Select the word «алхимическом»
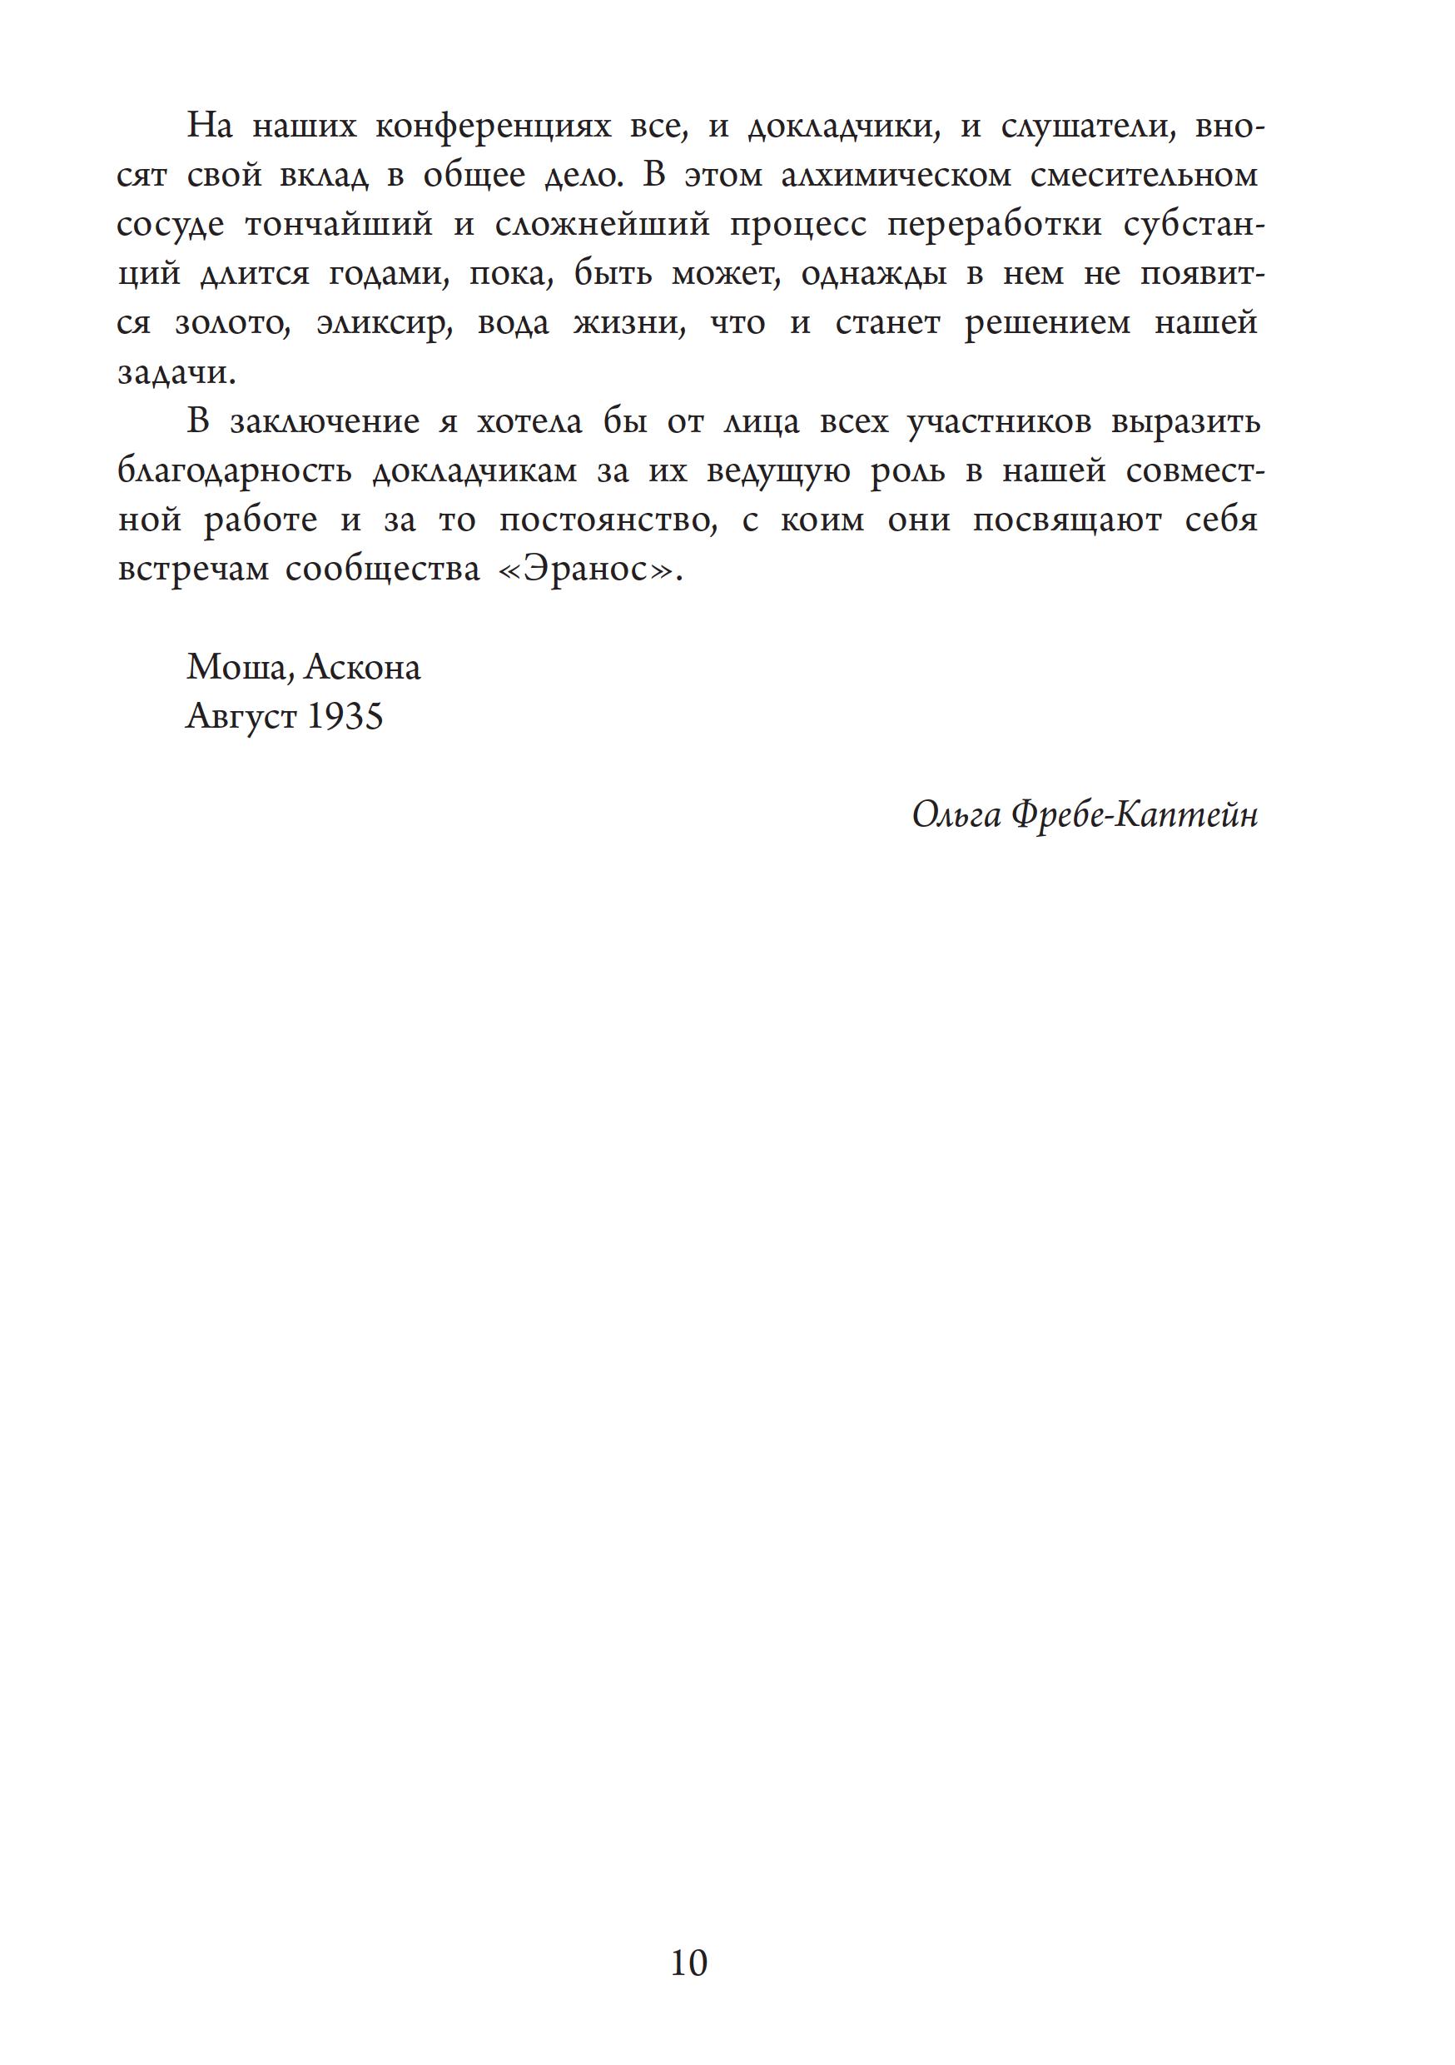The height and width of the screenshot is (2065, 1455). [896, 177]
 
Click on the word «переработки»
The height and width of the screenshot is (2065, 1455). [995, 225]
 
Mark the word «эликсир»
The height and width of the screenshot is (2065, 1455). [381, 324]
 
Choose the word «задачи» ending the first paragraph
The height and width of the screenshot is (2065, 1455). [176, 373]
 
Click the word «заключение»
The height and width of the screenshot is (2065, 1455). [325, 423]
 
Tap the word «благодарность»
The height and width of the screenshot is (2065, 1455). [235, 471]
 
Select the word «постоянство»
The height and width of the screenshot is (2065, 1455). [607, 520]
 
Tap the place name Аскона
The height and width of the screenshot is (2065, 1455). [362, 667]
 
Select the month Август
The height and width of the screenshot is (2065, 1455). [241, 717]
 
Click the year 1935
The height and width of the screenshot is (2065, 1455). [345, 717]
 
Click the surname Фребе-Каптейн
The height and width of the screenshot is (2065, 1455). [1134, 815]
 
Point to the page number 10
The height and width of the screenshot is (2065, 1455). [689, 1963]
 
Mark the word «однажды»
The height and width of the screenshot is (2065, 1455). [873, 274]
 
